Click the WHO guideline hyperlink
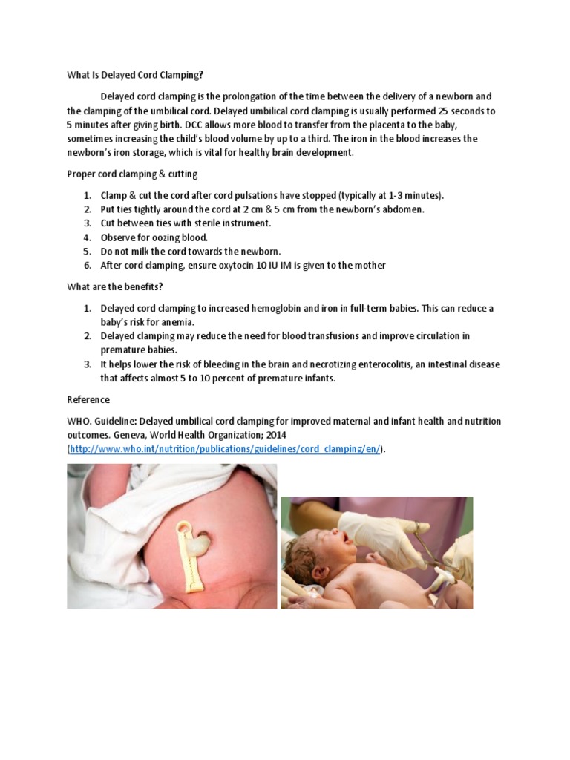click(x=225, y=449)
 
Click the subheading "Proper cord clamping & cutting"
click(x=131, y=174)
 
